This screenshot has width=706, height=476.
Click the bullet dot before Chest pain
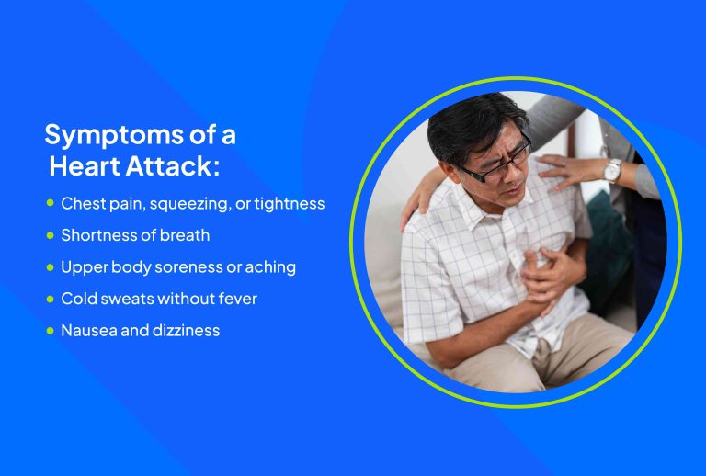click(51, 203)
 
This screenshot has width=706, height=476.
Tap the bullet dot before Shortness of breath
click(51, 235)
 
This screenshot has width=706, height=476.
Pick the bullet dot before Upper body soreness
click(51, 266)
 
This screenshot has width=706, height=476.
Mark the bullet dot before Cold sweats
click(51, 298)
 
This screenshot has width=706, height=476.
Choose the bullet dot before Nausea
click(51, 329)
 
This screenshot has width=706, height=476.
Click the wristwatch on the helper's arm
click(611, 171)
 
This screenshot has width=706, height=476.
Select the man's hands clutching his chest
click(546, 272)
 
